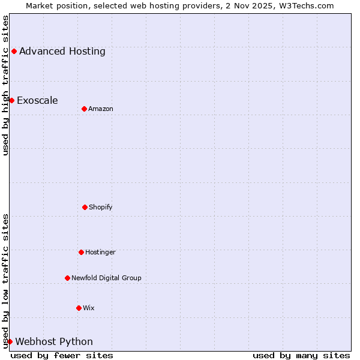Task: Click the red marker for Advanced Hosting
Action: (14, 52)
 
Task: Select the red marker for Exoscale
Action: (11, 100)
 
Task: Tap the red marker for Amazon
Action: (84, 109)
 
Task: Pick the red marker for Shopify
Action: (85, 207)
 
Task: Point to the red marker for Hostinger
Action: (81, 252)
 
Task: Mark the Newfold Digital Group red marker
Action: (67, 278)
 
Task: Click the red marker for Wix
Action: (79, 308)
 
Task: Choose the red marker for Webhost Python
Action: (10, 341)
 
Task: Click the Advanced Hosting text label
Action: (62, 52)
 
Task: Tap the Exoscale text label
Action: (37, 100)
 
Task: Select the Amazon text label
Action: (101, 109)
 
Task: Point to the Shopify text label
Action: (101, 207)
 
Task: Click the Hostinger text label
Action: (100, 252)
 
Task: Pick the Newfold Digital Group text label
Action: (106, 278)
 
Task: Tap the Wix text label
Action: (89, 308)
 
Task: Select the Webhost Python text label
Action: (54, 342)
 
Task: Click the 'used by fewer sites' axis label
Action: (62, 355)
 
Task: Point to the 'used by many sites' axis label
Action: (301, 355)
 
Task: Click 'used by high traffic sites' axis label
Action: (5, 85)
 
